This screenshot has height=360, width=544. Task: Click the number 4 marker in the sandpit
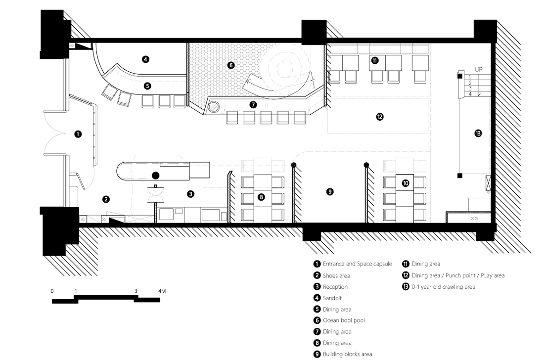(x=146, y=59)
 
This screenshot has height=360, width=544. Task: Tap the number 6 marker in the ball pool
(x=231, y=65)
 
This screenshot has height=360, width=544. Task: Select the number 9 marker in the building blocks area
(x=329, y=191)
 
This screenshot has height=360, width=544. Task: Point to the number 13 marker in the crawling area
(x=478, y=133)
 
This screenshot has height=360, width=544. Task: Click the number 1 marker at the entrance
(x=78, y=134)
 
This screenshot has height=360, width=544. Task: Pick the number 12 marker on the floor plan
(x=380, y=117)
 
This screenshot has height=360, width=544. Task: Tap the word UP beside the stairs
(x=478, y=70)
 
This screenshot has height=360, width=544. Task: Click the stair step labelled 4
(x=470, y=94)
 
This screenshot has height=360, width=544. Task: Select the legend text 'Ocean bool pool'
(x=344, y=320)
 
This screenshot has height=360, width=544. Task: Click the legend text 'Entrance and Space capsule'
(x=358, y=264)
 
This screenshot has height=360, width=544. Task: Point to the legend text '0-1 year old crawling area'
(x=444, y=287)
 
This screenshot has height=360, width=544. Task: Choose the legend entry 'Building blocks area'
(x=347, y=354)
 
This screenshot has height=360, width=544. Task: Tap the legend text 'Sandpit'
(x=332, y=298)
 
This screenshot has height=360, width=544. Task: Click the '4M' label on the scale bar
(x=162, y=291)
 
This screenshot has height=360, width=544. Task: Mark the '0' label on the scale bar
(x=52, y=291)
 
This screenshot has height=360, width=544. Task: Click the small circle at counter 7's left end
(x=214, y=106)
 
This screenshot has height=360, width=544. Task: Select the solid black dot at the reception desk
(x=156, y=176)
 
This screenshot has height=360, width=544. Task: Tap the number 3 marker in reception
(x=190, y=194)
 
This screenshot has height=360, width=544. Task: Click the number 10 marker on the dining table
(x=406, y=183)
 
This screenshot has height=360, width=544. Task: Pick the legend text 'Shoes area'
(x=336, y=276)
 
